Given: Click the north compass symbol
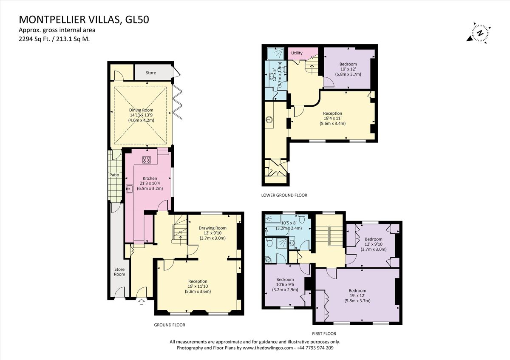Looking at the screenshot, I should click(x=480, y=34).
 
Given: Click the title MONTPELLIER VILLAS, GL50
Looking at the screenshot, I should click(x=84, y=20).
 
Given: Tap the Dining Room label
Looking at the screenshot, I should click(x=141, y=110).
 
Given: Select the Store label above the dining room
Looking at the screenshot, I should click(x=151, y=73).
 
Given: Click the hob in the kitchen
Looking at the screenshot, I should click(x=147, y=160).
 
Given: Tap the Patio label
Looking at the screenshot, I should click(x=113, y=175).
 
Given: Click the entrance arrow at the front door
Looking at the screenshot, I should click(x=142, y=302).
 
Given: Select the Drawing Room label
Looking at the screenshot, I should click(x=212, y=228).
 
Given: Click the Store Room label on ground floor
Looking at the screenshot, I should click(x=119, y=271).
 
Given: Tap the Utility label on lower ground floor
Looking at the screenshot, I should click(x=297, y=53).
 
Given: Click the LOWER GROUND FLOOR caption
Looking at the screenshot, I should click(x=284, y=195).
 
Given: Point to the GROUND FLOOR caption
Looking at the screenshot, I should click(x=170, y=325).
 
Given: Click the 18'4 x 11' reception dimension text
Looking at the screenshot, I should click(x=332, y=119).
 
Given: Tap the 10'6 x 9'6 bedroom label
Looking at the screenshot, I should click(x=285, y=285).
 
